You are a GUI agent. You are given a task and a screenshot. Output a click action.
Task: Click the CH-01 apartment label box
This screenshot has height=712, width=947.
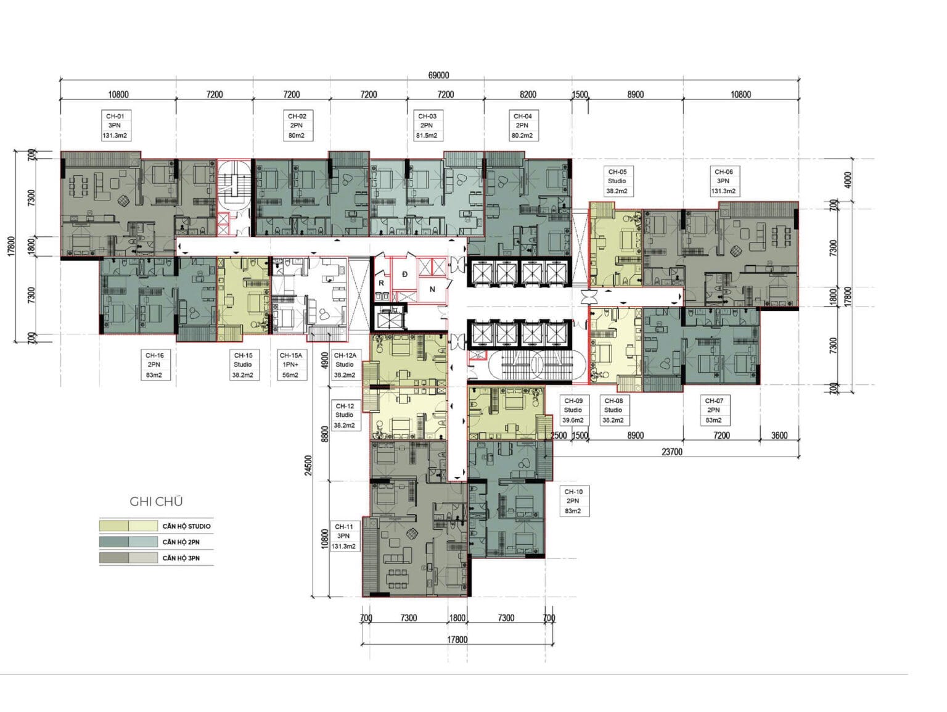[115, 126]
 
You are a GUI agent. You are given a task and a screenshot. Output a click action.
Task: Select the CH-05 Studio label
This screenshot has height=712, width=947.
[617, 181]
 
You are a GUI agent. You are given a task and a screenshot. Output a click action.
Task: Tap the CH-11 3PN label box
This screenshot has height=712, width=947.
[343, 536]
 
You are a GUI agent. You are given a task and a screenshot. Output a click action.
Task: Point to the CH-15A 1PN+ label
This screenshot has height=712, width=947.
[291, 365]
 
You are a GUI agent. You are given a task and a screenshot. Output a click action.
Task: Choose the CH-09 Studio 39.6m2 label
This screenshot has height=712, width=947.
[573, 410]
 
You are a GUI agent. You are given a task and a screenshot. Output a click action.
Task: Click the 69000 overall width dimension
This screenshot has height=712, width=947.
[438, 75]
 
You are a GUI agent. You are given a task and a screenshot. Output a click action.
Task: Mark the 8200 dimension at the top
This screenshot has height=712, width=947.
[528, 94]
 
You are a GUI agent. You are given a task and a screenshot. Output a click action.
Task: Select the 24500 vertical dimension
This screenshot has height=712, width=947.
[308, 465]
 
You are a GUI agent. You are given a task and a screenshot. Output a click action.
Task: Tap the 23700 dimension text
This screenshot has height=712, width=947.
[672, 452]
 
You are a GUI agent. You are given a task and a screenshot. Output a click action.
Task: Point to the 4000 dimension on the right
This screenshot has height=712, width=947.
[848, 180]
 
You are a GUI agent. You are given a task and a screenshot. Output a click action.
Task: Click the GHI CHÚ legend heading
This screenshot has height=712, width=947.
[156, 502]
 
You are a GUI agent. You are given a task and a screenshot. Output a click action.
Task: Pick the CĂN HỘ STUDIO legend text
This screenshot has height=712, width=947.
[186, 526]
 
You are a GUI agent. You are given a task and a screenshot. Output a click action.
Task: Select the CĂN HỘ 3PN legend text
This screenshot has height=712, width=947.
[181, 558]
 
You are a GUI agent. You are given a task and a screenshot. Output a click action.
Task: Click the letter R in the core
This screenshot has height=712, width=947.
[382, 283]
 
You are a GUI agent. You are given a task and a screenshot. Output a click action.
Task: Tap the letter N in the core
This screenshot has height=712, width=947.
[432, 289]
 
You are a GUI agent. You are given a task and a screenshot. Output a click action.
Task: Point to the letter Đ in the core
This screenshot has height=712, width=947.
[404, 274]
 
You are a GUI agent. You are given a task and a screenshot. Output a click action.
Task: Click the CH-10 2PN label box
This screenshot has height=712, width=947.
[573, 501]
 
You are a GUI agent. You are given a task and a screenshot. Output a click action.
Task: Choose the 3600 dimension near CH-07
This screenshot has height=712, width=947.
[779, 435]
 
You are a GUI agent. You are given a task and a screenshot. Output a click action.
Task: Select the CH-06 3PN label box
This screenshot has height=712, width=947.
[724, 181]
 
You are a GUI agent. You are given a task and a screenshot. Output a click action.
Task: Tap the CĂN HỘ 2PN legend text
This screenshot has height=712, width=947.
[181, 542]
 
